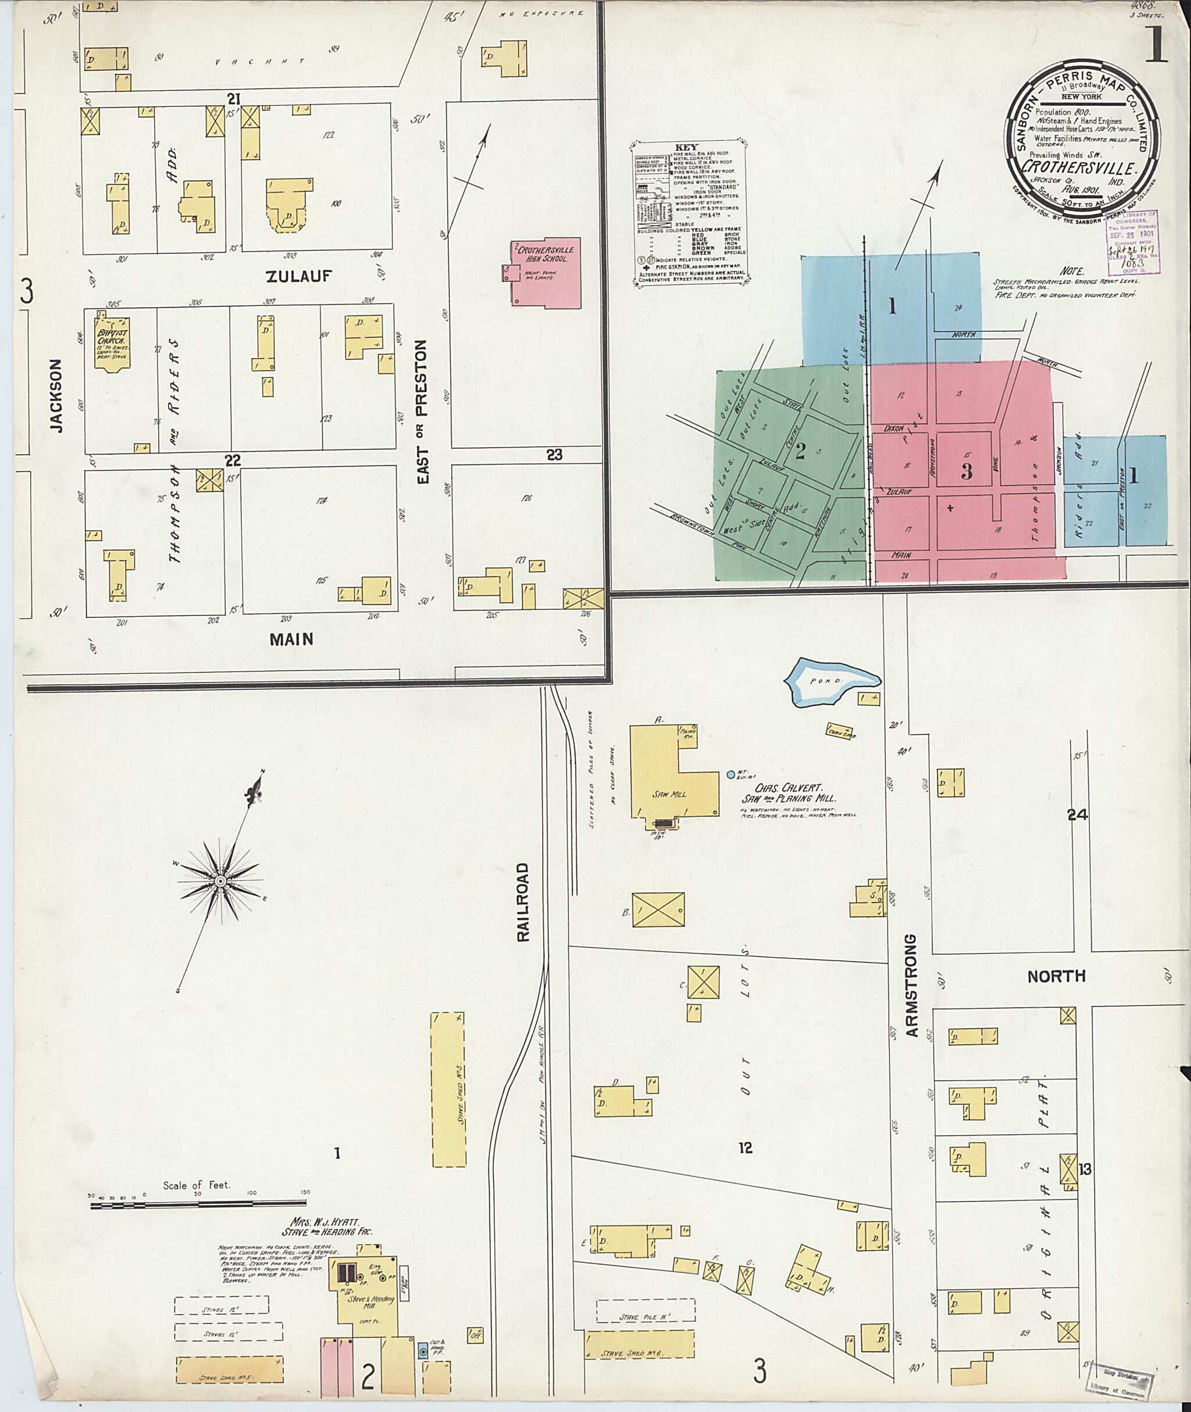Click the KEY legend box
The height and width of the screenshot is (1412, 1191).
tap(691, 212)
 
